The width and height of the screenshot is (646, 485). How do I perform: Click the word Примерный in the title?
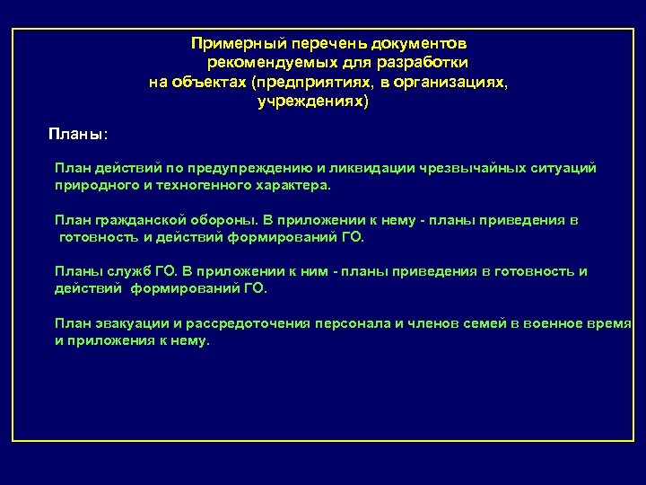click(230, 43)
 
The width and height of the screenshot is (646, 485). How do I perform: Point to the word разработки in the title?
click(426, 63)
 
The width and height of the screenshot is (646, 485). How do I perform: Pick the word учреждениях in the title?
click(310, 102)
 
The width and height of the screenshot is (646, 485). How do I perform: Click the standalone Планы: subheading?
click(78, 134)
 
